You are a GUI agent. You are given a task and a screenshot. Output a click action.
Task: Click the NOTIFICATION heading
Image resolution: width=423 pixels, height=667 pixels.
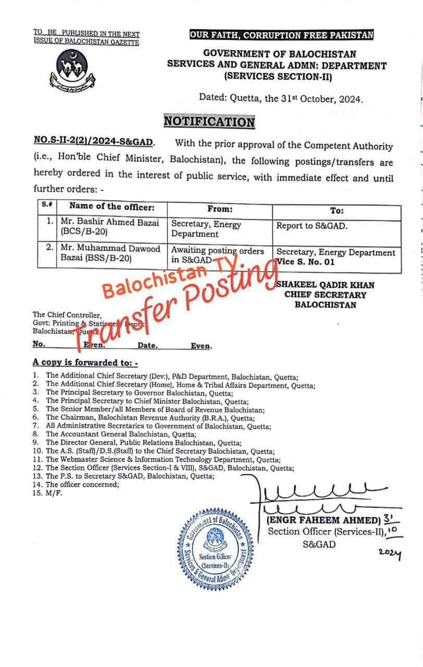[209, 122]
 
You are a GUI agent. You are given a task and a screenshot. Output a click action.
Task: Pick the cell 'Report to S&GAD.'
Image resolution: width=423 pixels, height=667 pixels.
[312, 226]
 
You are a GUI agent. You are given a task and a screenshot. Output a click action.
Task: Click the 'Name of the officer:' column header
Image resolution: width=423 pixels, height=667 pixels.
[111, 207]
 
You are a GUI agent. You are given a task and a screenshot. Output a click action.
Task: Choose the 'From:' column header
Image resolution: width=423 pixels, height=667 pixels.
[219, 209]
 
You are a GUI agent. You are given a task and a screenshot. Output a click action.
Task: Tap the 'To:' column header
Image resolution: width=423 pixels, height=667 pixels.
[337, 211]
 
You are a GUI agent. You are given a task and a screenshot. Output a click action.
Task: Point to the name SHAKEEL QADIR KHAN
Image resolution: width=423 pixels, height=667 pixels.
[325, 285]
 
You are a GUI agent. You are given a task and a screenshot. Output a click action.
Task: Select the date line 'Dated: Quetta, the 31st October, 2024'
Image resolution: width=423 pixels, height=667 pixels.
[281, 98]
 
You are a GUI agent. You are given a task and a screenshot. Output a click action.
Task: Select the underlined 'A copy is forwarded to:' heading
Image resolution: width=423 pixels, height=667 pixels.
[85, 362]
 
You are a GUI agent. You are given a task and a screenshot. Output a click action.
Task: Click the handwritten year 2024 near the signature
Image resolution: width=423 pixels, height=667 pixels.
[390, 555]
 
